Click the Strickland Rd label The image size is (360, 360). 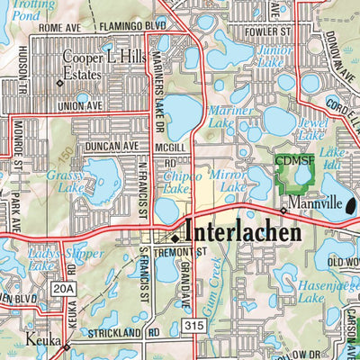[127, 333]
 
